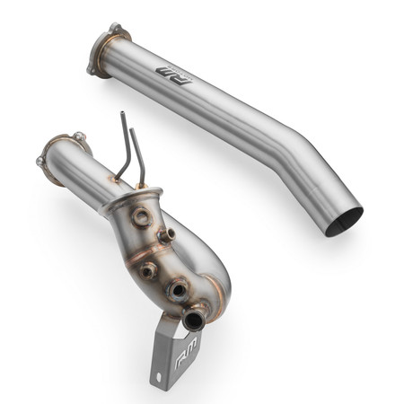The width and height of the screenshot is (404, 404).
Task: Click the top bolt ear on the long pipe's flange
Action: [x=114, y=27]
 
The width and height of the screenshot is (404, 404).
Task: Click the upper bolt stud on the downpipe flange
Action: [x=78, y=136]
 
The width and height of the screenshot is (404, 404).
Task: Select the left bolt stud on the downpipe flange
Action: [x=40, y=162]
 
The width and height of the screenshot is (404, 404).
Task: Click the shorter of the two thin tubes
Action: [x=136, y=153]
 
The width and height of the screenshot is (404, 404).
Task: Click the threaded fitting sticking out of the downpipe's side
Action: [x=165, y=235]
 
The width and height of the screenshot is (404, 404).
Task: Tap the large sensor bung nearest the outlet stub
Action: [x=180, y=288]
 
